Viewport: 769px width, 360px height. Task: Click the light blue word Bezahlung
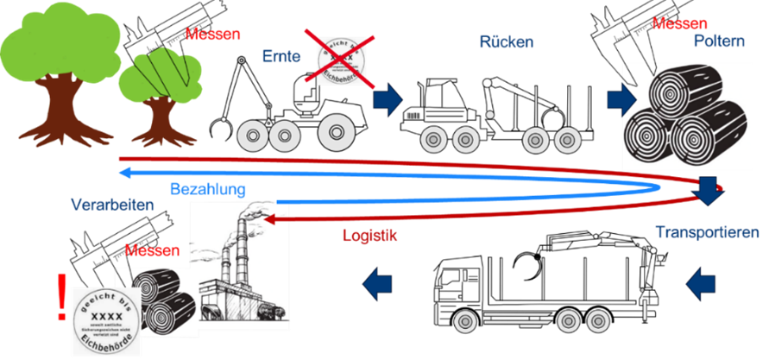coord(207,187)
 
